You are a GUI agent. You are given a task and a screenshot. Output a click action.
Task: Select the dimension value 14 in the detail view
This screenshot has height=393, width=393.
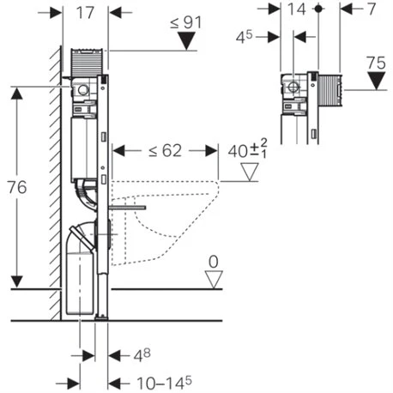[x=297, y=10]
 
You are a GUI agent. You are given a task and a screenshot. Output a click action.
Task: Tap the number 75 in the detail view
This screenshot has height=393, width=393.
[x=374, y=63]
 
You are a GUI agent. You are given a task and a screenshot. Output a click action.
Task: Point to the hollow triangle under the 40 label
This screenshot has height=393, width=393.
[x=250, y=172]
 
